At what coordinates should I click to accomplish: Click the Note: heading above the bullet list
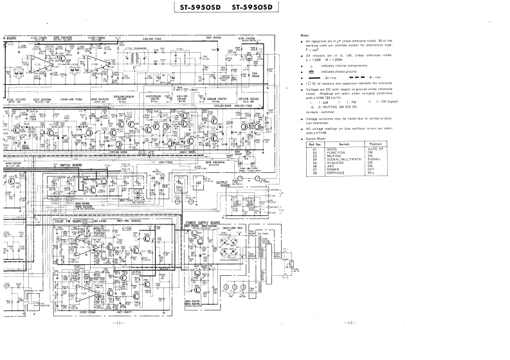click(x=305, y=35)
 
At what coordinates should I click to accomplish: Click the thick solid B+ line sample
click(x=316, y=77)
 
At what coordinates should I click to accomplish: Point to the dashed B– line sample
click(x=358, y=77)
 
